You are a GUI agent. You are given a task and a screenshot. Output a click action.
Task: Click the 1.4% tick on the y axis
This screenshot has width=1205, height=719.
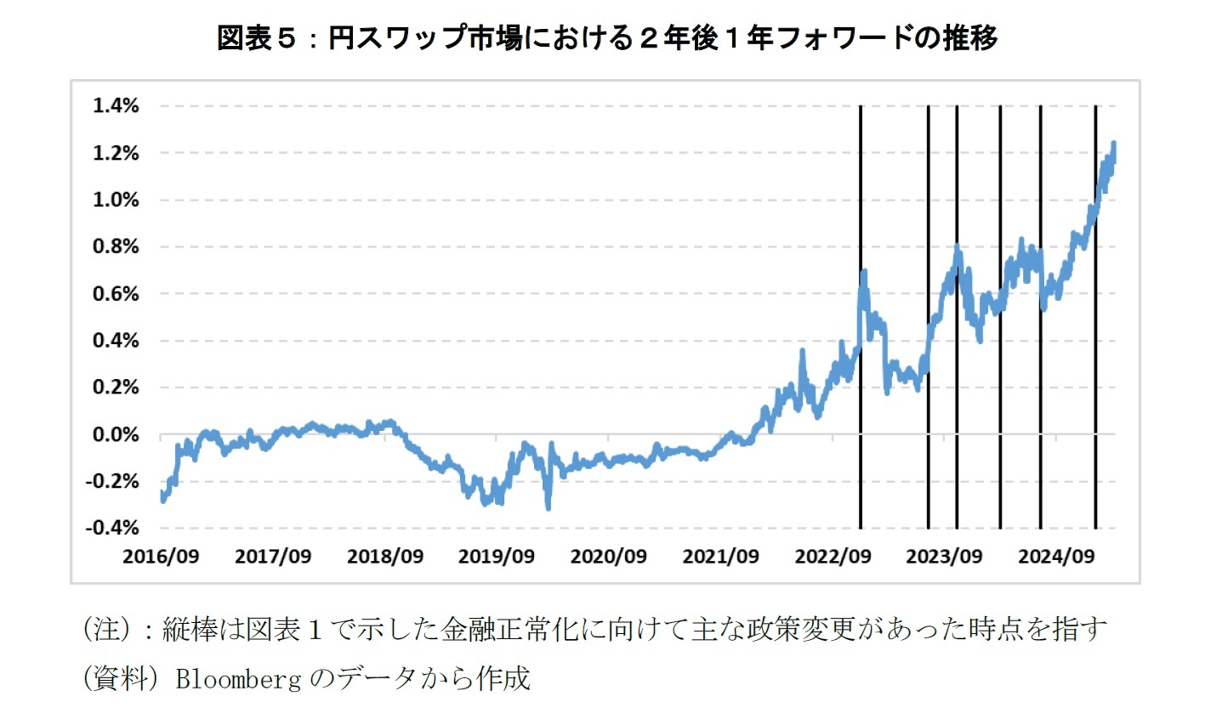click(115, 106)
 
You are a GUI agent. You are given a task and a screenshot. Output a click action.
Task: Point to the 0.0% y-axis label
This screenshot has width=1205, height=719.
click(115, 434)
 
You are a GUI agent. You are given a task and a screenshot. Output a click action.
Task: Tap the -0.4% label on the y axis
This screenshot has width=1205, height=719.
click(111, 528)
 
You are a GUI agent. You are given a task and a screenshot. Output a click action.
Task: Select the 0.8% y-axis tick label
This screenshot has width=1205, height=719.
click(115, 246)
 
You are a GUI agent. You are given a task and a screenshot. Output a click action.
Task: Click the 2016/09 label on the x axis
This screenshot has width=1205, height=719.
click(161, 557)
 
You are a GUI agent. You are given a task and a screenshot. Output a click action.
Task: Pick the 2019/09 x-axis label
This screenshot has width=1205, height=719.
click(497, 557)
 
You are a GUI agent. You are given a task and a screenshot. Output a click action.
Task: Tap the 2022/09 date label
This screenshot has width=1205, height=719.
click(833, 557)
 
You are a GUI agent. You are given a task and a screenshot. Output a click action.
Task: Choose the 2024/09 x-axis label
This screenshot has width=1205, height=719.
click(1056, 557)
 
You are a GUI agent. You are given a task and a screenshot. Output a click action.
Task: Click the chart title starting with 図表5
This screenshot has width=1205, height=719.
click(607, 37)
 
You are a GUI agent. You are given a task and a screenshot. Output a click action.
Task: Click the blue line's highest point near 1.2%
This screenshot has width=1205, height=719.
click(1113, 144)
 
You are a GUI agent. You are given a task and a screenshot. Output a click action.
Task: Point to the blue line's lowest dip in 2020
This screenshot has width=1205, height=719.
click(548, 507)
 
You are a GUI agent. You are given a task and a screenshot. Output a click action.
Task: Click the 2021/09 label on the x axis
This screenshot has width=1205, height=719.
click(720, 557)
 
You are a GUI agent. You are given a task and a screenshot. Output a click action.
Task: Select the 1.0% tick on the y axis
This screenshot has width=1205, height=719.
click(115, 200)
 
